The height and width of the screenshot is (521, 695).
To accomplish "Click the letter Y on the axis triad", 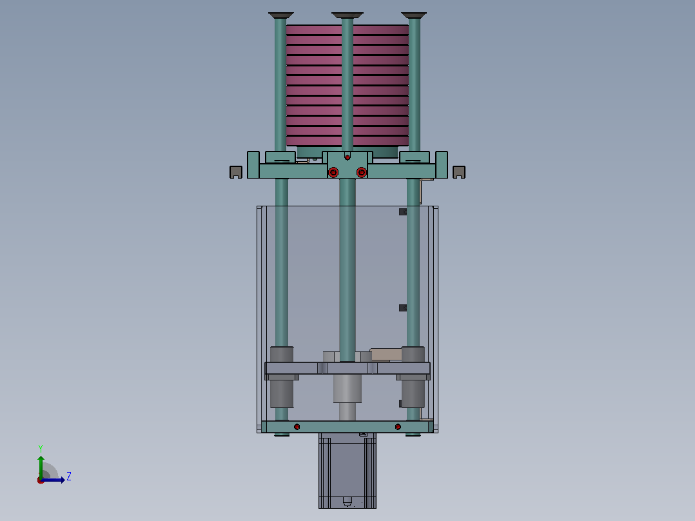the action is (41, 448).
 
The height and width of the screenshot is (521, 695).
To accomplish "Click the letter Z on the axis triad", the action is (69, 477).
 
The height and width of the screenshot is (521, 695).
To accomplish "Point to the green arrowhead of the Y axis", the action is (41, 459).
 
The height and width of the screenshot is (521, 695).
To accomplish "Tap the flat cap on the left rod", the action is (280, 15).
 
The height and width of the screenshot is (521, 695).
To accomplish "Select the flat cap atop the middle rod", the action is (347, 15).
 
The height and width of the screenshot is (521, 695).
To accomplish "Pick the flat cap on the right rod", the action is (414, 15).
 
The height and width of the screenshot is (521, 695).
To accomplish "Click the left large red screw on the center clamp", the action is (333, 172).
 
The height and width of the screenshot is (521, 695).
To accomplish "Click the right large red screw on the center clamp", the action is (361, 172).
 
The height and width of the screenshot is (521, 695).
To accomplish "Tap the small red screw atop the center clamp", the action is (347, 157).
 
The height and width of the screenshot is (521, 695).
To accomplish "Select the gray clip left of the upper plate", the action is (236, 172).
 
